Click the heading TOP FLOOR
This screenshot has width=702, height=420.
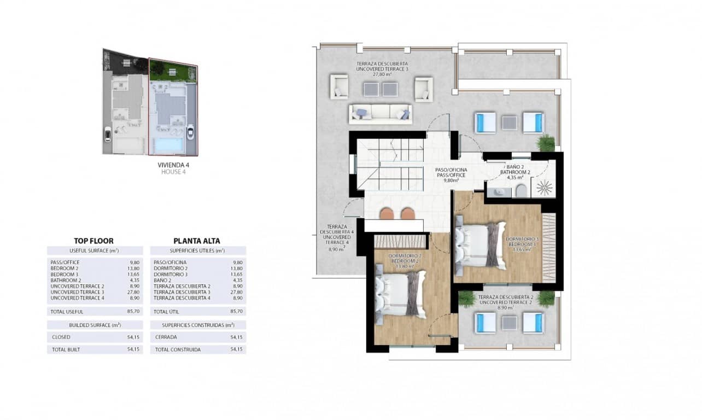click(x=93, y=241)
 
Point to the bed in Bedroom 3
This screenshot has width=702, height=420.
click(x=480, y=244)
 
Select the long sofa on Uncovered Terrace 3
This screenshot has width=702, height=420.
click(x=381, y=113)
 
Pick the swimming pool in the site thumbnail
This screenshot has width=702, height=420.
click(x=167, y=145)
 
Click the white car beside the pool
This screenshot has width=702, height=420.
click(x=190, y=132)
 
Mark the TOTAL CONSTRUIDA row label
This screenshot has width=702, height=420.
click(x=177, y=349)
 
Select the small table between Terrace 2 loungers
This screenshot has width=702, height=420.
click(x=509, y=323)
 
